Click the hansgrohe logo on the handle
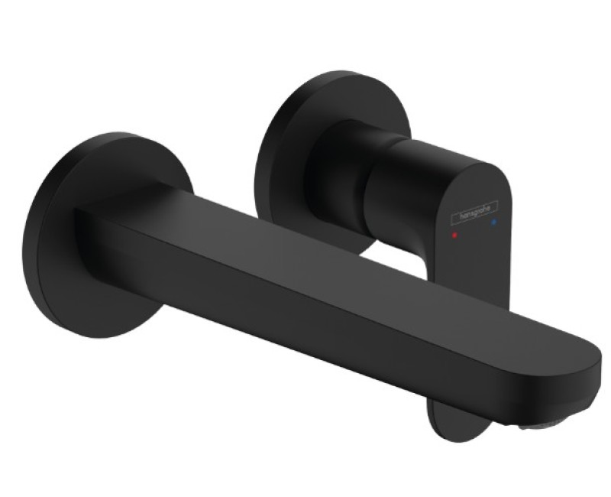[474, 213]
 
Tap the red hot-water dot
[455, 236]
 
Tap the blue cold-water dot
[494, 223]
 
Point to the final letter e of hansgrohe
[493, 206]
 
